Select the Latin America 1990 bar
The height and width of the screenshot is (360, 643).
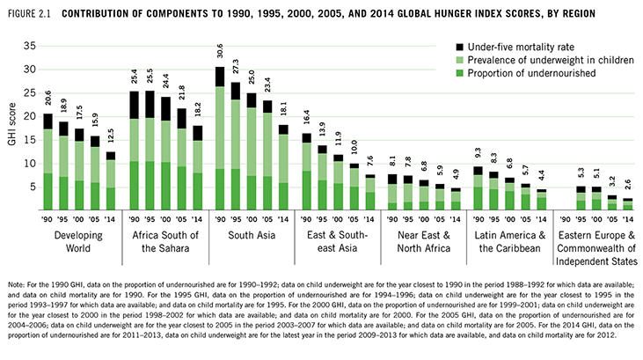coord(478,188)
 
